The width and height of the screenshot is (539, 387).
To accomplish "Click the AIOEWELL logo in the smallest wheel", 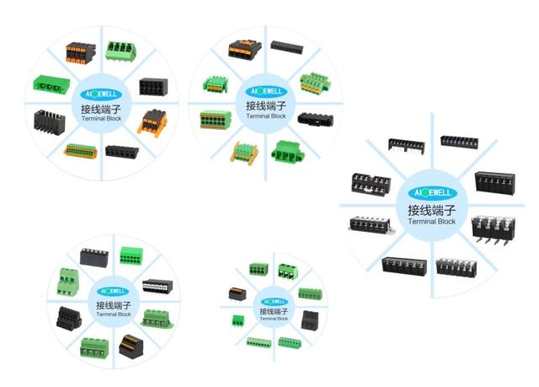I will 271,301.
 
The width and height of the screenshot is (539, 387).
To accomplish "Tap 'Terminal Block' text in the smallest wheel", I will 271,319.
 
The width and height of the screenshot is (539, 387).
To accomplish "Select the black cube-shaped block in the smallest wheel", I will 309,320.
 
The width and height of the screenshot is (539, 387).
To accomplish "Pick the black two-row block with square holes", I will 152,86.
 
